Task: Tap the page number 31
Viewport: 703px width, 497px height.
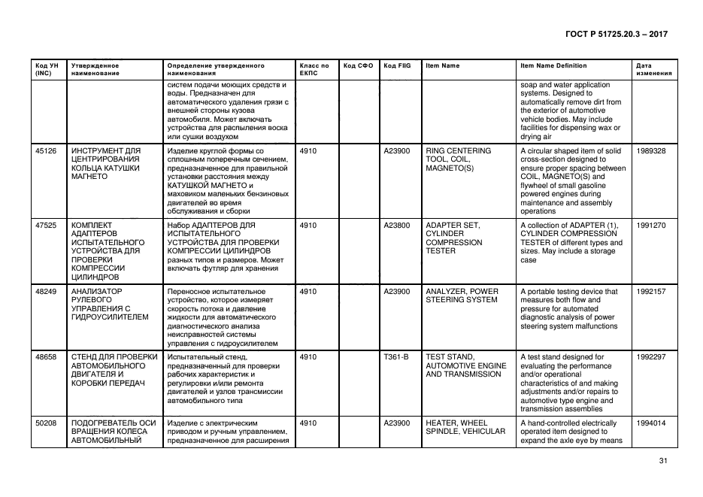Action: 663,460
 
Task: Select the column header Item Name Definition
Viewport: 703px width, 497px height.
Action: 553,65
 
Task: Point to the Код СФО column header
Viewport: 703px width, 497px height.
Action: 358,65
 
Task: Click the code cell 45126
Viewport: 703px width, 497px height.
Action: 46,150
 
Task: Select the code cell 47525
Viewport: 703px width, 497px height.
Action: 46,225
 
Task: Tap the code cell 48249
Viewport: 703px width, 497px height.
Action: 46,291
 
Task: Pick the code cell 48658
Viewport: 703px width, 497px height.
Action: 46,357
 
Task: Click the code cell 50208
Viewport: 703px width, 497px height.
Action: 46,423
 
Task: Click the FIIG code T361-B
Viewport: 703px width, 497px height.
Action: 395,357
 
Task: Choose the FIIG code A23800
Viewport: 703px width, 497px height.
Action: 397,225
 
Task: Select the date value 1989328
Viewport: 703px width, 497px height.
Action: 650,150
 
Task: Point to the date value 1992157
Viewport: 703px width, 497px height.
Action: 650,291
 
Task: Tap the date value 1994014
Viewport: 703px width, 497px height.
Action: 650,423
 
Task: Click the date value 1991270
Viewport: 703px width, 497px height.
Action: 650,225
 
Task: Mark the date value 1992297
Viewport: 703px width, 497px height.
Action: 650,357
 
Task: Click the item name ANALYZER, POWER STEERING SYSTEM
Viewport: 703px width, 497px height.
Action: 462,295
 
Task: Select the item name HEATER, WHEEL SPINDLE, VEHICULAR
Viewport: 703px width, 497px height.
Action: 465,428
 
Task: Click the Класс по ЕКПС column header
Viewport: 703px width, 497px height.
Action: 314,69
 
